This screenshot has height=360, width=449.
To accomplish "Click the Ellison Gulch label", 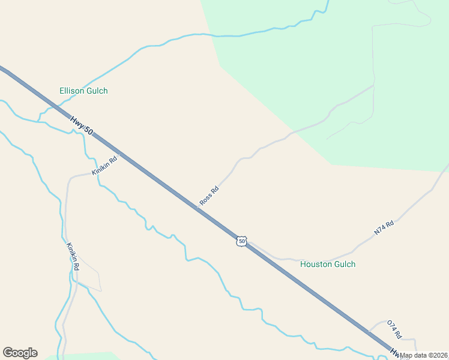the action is coord(83,91).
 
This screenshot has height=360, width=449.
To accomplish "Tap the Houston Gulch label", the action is coord(328,264).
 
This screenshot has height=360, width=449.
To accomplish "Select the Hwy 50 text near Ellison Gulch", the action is coord(81,125).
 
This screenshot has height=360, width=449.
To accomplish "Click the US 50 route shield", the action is coord(241,241).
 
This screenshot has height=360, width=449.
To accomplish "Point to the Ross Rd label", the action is coord(209,196).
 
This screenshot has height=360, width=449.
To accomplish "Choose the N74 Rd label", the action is coord(384,227).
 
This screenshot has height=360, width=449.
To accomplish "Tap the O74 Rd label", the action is coord(394,328).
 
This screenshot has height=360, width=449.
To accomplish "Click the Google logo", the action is coord(20,353).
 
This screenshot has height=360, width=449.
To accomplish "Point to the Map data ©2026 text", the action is coord(424,355).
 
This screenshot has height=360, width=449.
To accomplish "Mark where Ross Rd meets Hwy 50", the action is coord(197,208).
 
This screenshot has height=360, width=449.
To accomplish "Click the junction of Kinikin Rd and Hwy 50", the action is coord(120,154).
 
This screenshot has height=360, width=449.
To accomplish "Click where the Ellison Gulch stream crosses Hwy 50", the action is coord(58,108).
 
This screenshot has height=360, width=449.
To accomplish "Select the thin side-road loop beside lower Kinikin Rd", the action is coord(90,277).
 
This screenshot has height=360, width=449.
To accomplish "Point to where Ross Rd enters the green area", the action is coord(292,132).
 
